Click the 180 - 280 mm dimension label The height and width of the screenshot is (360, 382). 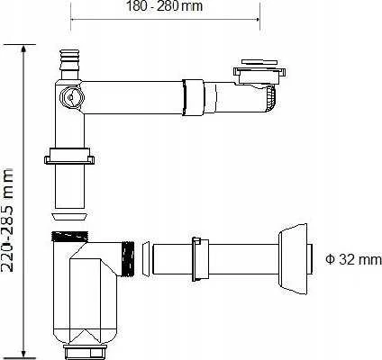point(164,6)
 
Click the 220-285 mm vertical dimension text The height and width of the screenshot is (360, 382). point(7,220)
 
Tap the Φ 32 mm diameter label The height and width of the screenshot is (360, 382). point(353,259)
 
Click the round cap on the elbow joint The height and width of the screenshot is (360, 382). point(71,97)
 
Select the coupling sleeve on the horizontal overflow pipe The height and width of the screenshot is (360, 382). point(193,97)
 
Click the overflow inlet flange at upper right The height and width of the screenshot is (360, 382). point(259,76)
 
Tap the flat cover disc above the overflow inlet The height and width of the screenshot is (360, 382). point(259,62)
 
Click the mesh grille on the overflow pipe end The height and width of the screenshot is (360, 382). point(270,98)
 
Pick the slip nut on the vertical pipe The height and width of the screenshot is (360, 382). point(69,156)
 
